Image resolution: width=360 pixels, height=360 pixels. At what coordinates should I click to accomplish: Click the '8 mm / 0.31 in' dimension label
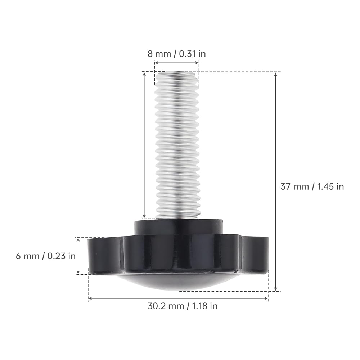176,54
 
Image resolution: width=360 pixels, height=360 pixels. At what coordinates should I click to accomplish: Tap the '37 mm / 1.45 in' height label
312,186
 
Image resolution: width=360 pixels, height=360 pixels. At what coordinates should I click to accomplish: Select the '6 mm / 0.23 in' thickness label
46,256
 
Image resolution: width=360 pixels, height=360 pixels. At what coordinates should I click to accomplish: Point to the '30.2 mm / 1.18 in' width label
183,306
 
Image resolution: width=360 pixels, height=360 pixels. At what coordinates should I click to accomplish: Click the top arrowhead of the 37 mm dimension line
276,74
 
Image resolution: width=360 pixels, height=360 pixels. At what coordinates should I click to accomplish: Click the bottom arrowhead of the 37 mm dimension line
276,289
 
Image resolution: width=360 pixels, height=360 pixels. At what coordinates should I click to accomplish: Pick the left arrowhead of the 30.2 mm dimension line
90,298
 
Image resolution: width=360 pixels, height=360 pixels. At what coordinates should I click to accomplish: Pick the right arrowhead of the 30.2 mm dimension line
266,298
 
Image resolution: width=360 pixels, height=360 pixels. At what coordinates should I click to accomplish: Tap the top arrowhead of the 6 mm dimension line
78,240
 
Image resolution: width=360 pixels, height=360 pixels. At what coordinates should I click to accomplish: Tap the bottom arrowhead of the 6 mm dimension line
78,272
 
